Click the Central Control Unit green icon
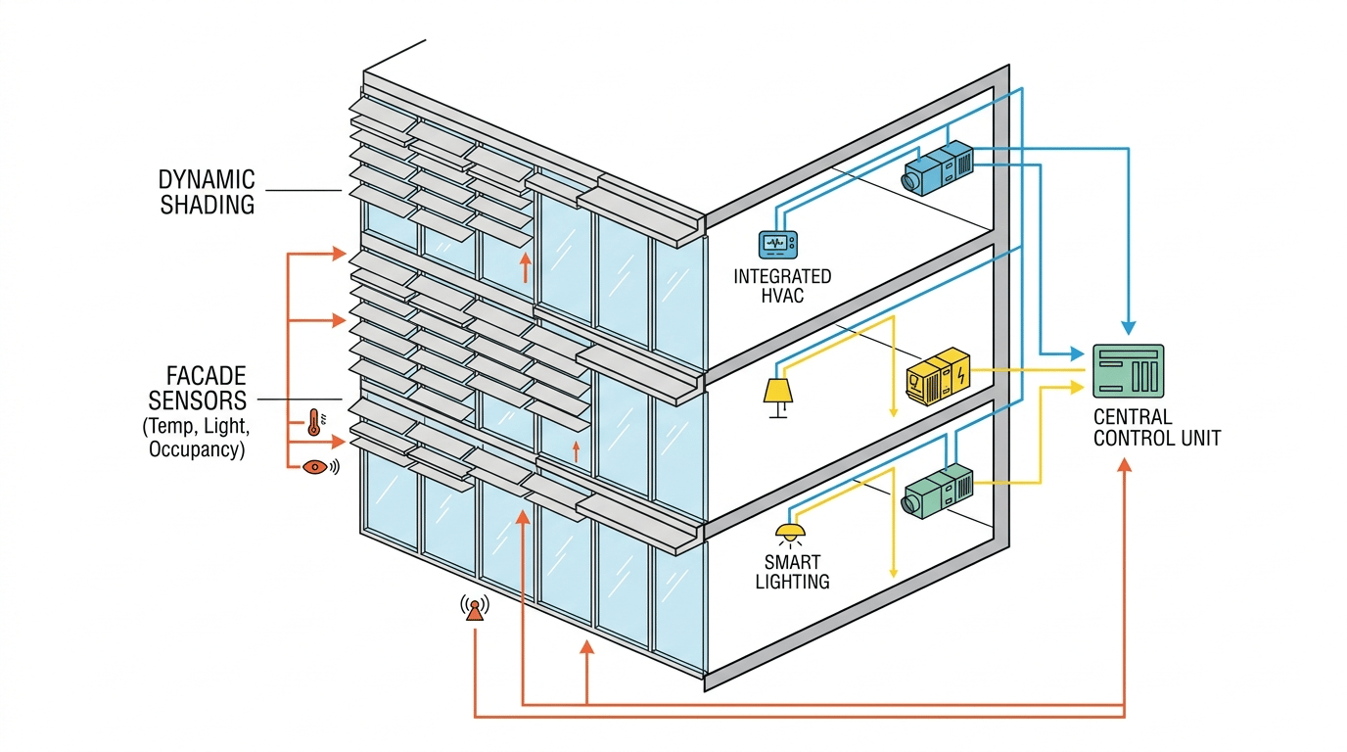pos(1128,370)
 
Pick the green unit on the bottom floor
pos(938,490)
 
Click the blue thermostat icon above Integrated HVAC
pos(779,244)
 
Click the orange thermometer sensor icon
pos(314,422)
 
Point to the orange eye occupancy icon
pos(315,467)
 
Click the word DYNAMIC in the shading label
pos(207,180)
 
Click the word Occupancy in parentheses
pos(196,450)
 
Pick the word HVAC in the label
pos(781,295)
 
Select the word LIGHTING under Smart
pos(794,582)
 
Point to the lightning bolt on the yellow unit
pos(962,374)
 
